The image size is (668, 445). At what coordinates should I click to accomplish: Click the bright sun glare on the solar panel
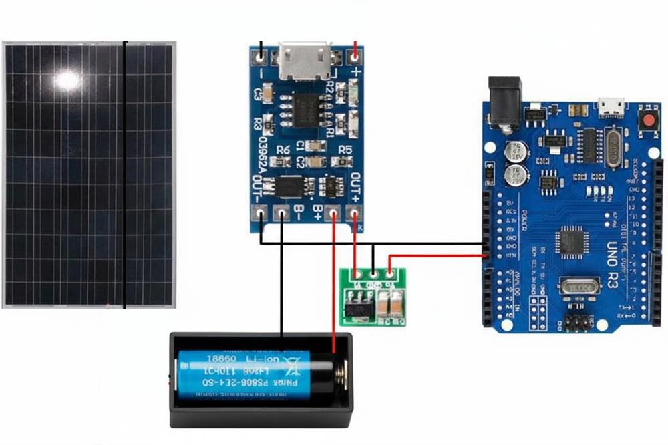(x=67, y=80)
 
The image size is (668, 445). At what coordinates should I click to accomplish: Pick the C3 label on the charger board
(x=257, y=95)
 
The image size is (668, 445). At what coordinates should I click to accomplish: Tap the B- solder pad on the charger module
(x=282, y=214)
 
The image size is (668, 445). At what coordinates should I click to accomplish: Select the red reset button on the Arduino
(x=647, y=122)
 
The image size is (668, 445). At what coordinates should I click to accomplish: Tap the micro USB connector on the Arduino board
(x=611, y=107)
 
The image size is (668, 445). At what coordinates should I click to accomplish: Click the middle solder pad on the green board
(x=373, y=273)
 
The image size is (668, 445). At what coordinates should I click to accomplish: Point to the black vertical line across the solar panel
(x=124, y=174)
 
